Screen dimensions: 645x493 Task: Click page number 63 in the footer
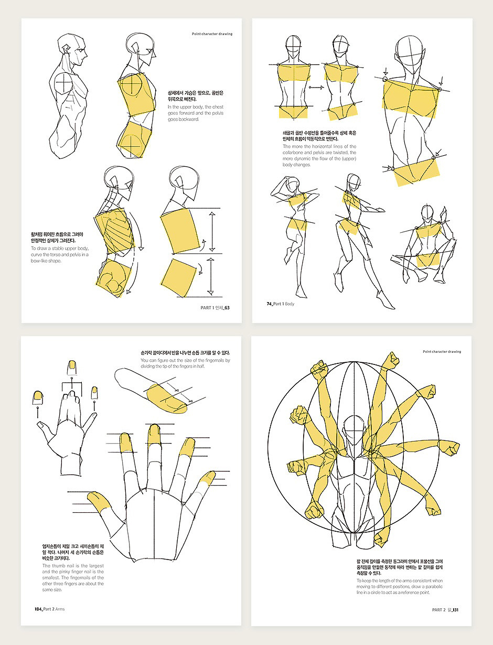point(227,308)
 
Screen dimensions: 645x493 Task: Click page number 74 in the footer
point(270,304)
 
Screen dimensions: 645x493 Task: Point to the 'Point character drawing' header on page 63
point(212,34)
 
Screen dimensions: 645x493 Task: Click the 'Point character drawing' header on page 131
point(442,351)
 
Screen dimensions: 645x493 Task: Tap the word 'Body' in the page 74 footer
point(290,304)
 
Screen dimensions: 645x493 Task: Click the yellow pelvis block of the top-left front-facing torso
point(294,111)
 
